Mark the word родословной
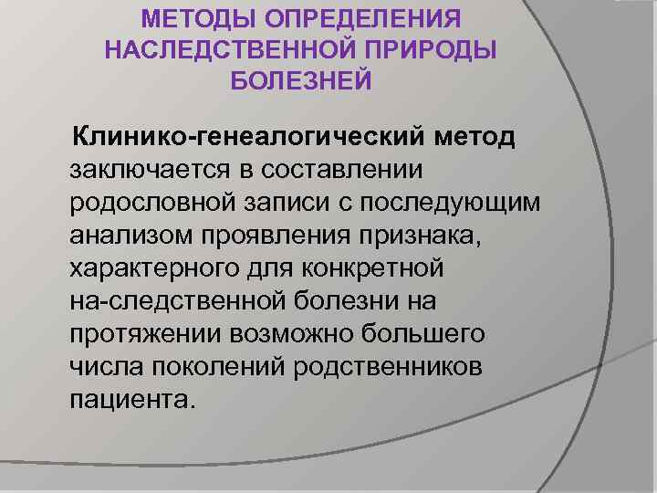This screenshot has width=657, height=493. coord(144,204)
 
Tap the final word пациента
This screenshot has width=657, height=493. coord(131,400)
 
